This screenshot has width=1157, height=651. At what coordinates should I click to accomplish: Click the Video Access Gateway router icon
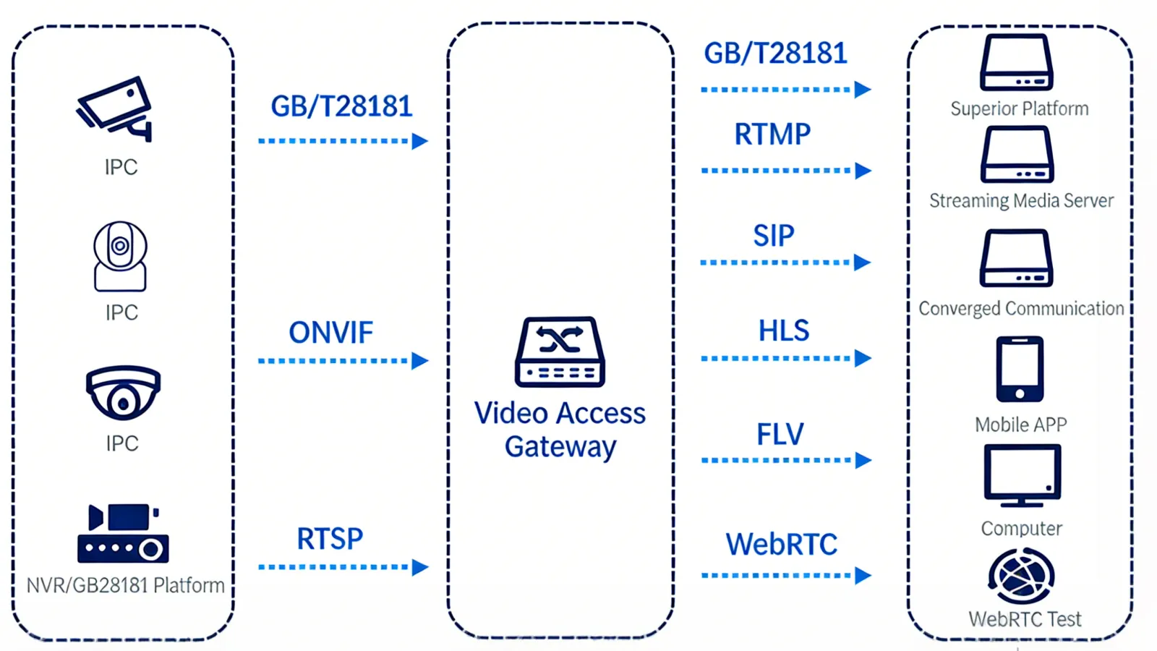[560, 352]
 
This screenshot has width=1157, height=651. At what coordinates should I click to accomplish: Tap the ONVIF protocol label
[330, 333]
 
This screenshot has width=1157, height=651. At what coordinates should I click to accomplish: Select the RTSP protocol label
[330, 539]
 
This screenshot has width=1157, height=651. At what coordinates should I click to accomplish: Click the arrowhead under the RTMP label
[863, 171]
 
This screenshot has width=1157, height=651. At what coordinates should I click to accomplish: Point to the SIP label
[774, 236]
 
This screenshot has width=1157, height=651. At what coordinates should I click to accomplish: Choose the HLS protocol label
[783, 331]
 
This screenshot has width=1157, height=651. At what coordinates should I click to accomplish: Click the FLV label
[780, 434]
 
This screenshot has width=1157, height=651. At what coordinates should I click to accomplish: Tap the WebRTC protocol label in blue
[781, 544]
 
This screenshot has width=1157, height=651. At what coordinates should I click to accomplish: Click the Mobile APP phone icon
[1020, 369]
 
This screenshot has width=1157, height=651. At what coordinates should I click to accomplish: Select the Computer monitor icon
[1022, 475]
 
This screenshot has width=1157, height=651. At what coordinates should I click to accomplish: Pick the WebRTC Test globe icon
[1021, 576]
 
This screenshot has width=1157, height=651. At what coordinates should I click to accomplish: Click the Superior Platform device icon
[1016, 62]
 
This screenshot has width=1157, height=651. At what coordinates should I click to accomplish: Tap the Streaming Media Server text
[1021, 200]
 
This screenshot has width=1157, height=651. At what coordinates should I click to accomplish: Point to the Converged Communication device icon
[1016, 258]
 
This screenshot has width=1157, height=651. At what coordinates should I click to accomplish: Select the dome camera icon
[123, 393]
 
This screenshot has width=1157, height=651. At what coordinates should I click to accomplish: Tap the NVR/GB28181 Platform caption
[125, 584]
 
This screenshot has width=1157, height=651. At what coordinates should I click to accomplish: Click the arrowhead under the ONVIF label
[419, 360]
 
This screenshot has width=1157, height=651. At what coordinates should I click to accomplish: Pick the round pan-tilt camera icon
[120, 256]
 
